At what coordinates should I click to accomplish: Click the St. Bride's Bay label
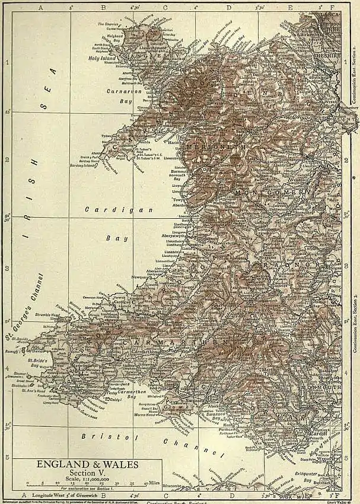(x=40, y=363)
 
